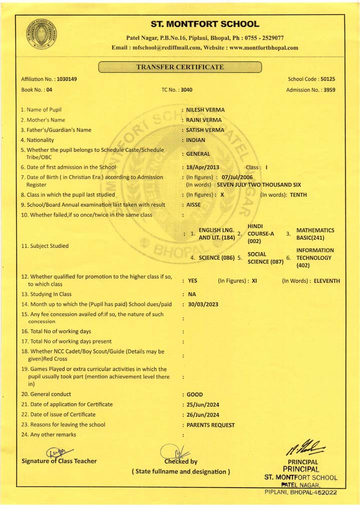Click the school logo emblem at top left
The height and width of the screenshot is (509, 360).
coord(42,34)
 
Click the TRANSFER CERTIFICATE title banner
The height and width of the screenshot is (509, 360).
coord(180,67)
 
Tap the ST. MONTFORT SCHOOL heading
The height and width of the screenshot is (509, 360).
coord(205,24)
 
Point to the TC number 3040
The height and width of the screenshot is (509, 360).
coord(186,90)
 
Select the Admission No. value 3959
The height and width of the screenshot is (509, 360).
coord(329,90)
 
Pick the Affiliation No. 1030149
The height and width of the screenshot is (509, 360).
coord(67,79)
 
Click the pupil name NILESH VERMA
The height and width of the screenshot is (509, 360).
coord(205,110)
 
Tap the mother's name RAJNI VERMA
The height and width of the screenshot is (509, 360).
coord(203,120)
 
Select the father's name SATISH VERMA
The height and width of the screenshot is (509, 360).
coord(205,130)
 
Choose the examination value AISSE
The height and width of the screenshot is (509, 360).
coord(194,205)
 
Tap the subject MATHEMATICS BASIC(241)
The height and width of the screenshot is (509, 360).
coord(315,234)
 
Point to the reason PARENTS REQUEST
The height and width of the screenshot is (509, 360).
coord(210,425)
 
